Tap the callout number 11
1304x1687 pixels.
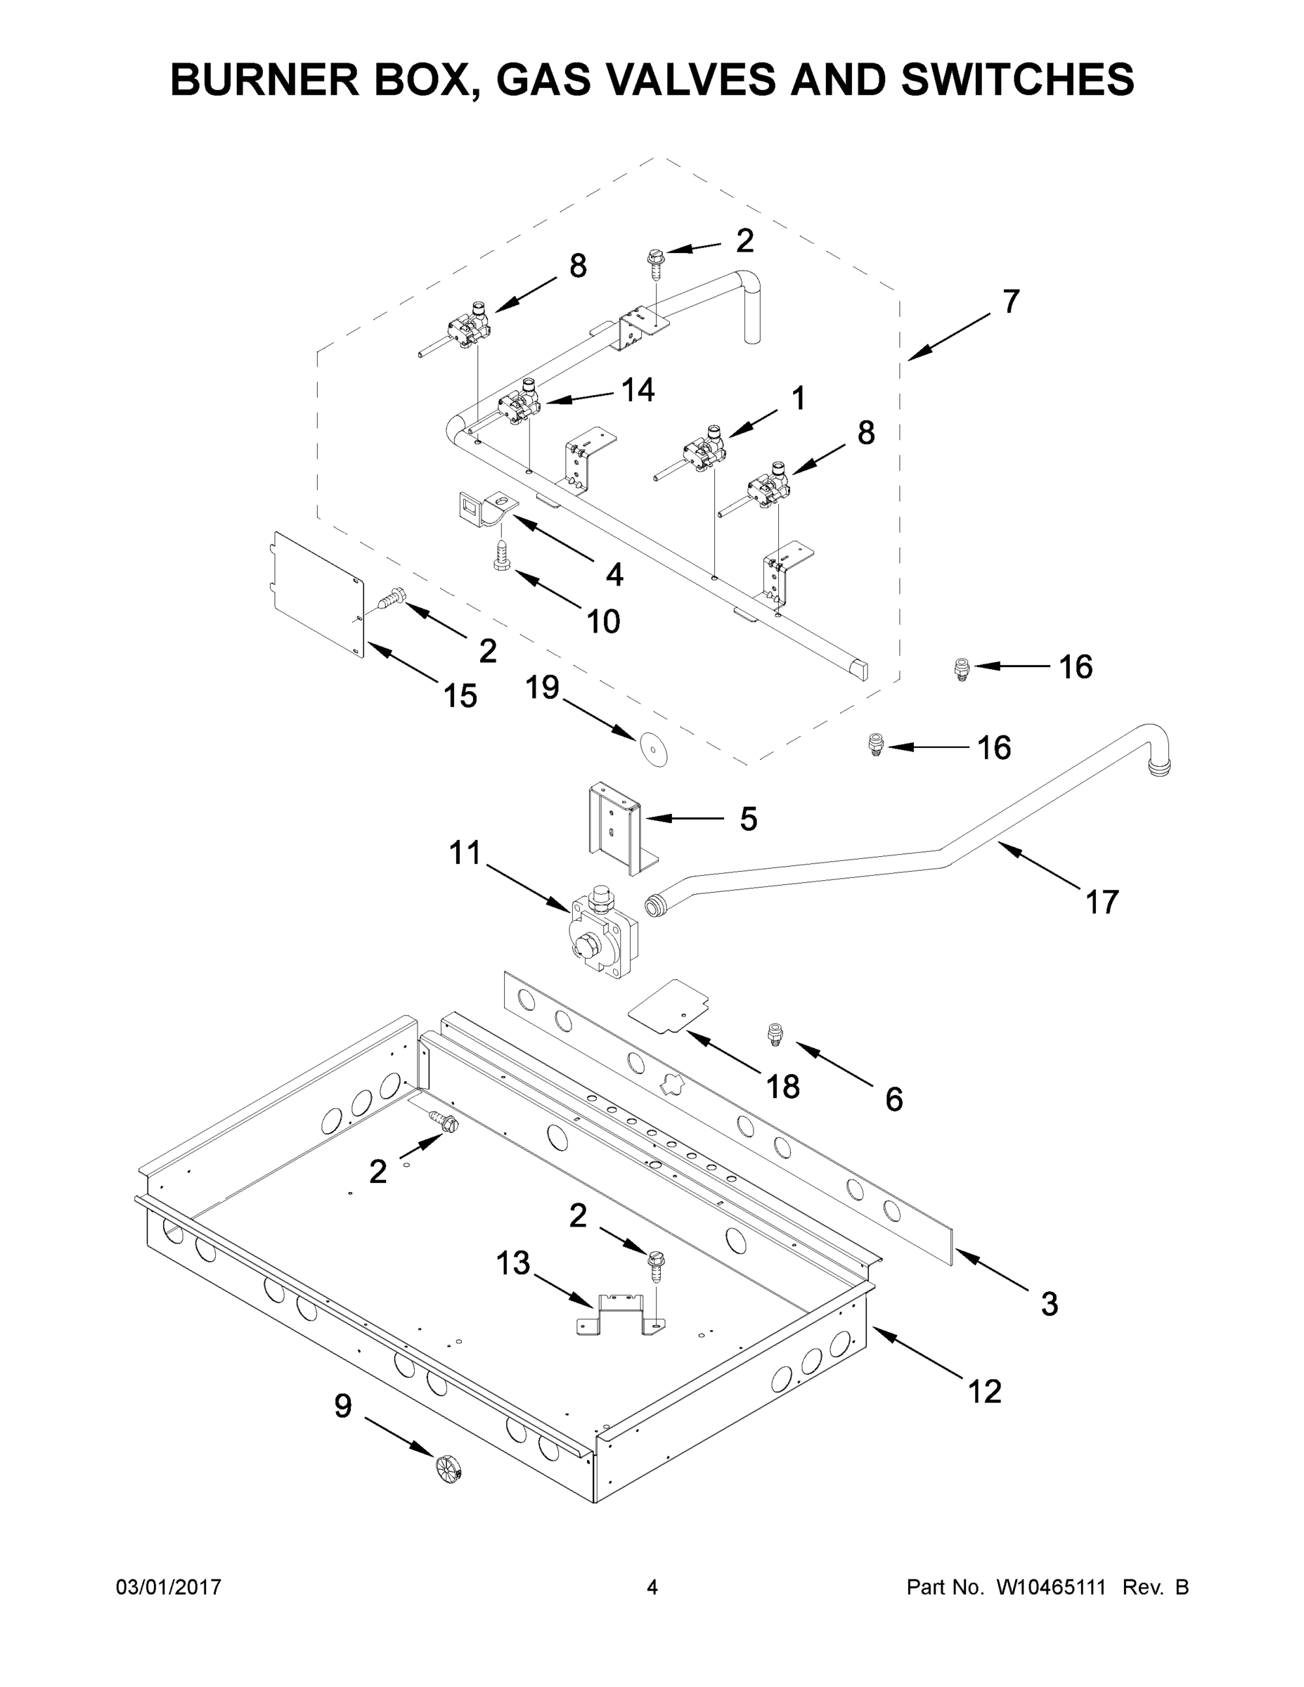465,853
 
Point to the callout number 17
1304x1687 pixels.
1102,901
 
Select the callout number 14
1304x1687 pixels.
638,390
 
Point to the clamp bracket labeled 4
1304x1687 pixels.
483,510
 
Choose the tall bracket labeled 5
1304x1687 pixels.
616,829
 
